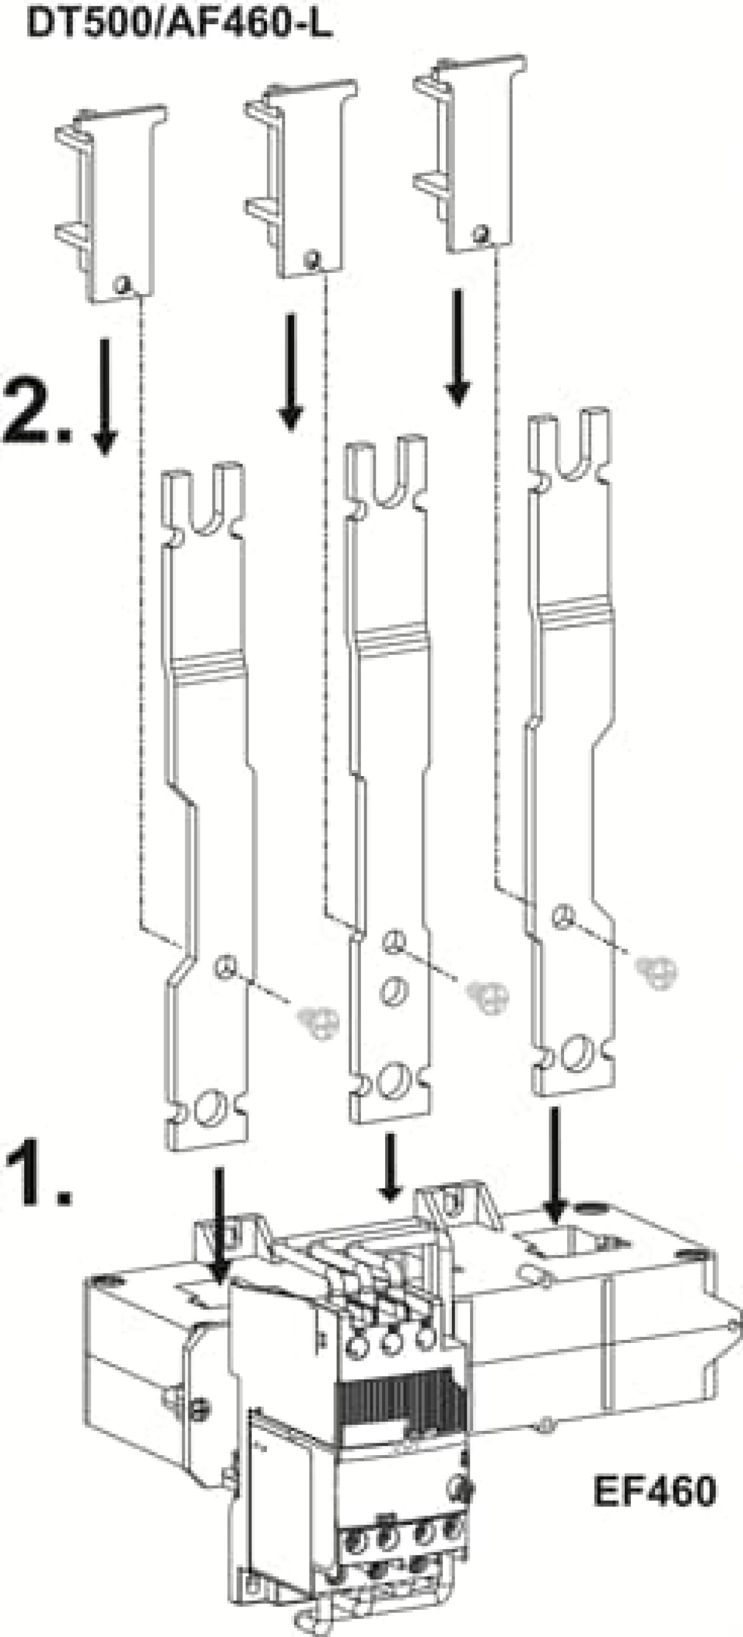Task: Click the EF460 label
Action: click(654, 1491)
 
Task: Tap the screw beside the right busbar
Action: click(657, 972)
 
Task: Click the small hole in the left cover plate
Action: click(123, 283)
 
